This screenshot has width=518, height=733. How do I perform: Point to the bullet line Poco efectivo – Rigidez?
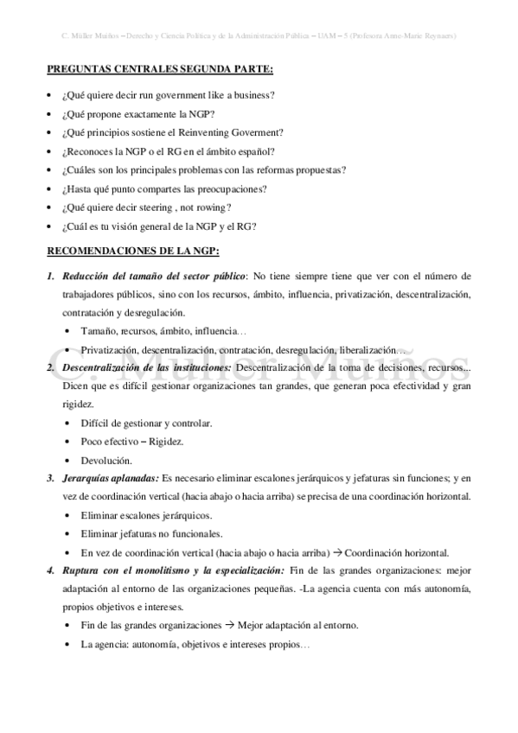click(132, 441)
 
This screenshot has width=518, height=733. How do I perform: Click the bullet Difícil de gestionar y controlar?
click(146, 423)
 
